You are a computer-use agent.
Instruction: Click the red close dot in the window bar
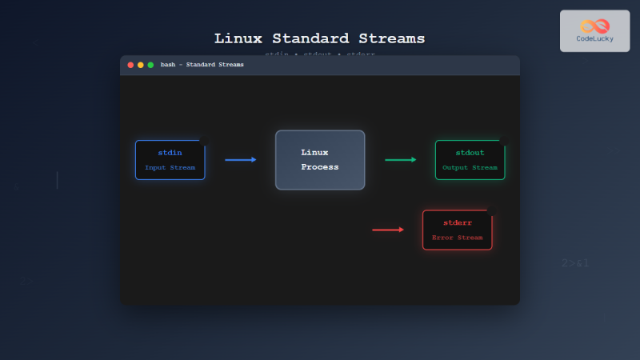(x=130, y=65)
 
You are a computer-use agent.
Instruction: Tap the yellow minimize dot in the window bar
(x=141, y=65)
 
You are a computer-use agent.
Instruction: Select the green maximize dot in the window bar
(x=150, y=65)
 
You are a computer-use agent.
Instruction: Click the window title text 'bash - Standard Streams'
(x=202, y=65)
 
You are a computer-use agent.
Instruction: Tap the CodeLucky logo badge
(x=594, y=30)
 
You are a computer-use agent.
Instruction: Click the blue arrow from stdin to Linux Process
(x=241, y=160)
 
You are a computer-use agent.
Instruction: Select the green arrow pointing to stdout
(x=401, y=160)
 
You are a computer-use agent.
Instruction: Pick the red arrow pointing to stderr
(x=388, y=230)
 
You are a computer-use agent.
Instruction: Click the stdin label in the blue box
(x=170, y=152)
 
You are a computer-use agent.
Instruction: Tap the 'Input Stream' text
(x=170, y=167)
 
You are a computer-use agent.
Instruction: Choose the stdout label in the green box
(x=470, y=152)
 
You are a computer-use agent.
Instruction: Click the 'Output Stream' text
(x=470, y=167)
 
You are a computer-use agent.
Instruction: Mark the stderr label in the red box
(x=457, y=222)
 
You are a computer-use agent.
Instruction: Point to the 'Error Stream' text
(x=457, y=238)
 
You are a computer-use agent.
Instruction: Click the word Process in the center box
(x=319, y=167)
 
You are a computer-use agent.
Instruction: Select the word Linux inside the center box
(x=314, y=152)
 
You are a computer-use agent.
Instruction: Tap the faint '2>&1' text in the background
(x=575, y=262)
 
